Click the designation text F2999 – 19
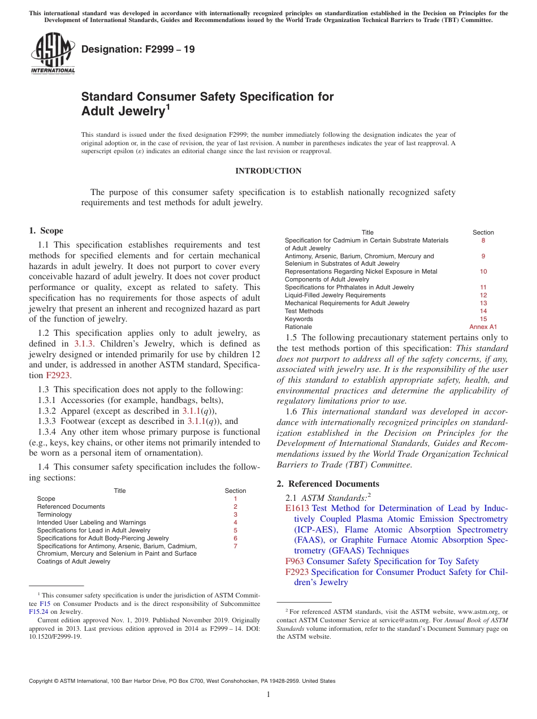point(138,49)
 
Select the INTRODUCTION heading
point(268,171)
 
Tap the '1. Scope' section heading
point(46,231)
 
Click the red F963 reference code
point(295,561)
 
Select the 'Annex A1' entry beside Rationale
point(483,327)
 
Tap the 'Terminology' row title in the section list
point(54,514)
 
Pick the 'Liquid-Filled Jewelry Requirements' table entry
point(335,295)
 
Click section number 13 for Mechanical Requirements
point(483,303)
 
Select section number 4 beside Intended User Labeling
point(235,522)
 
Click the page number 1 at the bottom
point(268,694)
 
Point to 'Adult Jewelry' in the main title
point(122,111)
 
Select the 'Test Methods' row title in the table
point(304,311)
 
